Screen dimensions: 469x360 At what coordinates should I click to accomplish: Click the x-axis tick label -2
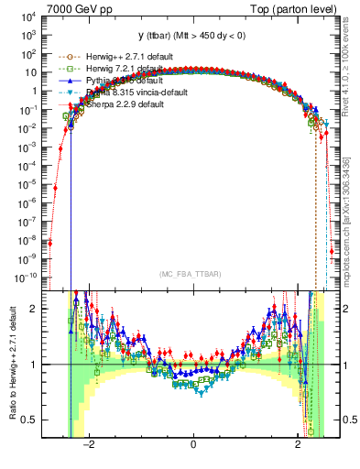coord(90,443)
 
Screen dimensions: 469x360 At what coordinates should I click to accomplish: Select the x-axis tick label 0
coord(193,443)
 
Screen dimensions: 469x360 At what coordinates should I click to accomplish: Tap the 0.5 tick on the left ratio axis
coord(30,420)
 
